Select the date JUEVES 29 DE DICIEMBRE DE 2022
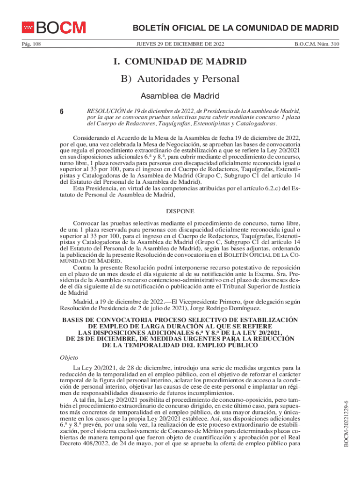180,44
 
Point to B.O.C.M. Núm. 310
317,44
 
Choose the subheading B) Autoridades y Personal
180,80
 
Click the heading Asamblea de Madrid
180,96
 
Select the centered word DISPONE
180,211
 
